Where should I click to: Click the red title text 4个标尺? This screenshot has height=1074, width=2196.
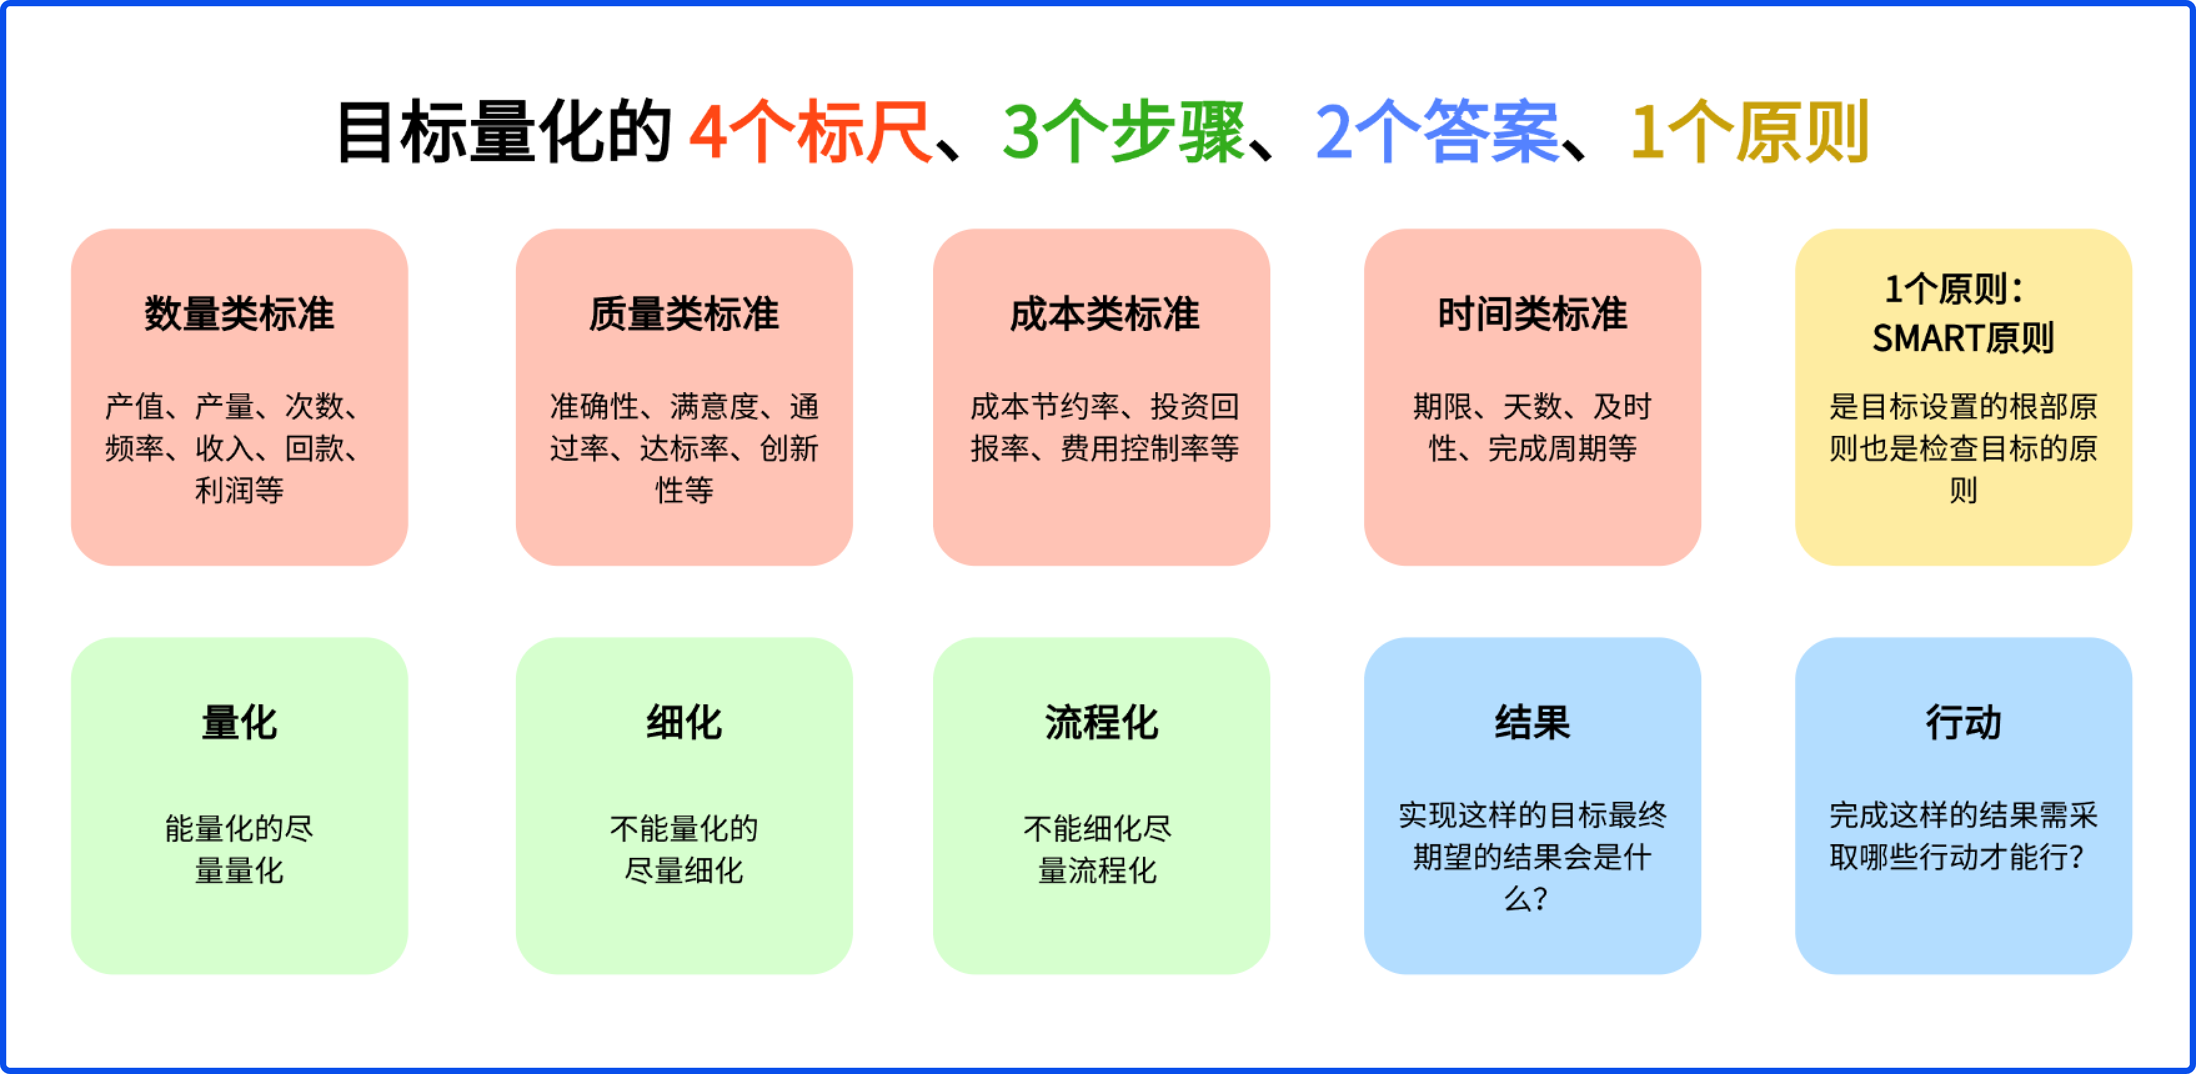pos(810,132)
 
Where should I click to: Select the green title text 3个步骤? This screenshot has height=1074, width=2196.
pos(1124,132)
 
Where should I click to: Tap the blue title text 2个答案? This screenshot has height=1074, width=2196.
pos(1437,132)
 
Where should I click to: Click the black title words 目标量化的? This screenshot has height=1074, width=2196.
pos(505,132)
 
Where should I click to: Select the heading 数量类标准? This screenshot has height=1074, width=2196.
pos(240,313)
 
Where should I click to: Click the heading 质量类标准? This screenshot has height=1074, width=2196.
pos(684,313)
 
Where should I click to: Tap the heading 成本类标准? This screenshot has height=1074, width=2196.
pos(1104,313)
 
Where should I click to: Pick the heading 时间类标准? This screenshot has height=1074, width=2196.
pos(1533,313)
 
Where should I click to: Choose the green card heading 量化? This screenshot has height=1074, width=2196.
pos(240,723)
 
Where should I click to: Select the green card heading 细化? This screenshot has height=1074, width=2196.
pos(684,723)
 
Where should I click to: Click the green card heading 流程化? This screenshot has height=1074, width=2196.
pos(1101,723)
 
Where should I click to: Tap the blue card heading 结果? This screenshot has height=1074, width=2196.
pos(1533,723)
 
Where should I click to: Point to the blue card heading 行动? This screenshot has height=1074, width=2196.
pos(1963,723)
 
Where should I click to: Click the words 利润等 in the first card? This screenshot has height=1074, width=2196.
pos(240,490)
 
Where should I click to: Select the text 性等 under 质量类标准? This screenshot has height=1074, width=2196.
pos(684,490)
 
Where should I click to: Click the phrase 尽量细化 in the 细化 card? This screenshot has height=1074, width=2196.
pos(684,870)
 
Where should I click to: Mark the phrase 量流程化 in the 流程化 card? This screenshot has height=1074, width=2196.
pos(1097,870)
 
